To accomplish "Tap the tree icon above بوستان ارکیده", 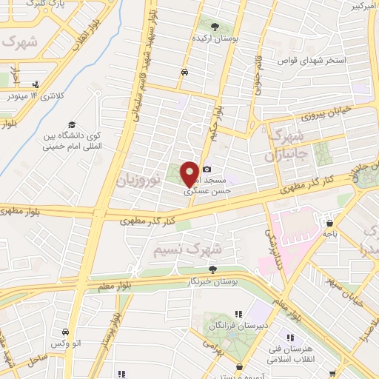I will tap(225, 28).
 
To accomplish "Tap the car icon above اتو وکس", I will tap(66, 331).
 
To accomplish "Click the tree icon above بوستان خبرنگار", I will tap(213, 269).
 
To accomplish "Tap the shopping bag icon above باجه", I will tap(329, 222).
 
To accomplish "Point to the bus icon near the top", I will tap(184, 72).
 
